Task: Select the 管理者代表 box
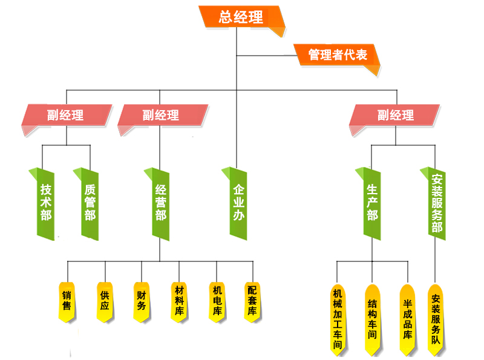tap(337, 55)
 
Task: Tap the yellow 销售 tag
tap(67, 301)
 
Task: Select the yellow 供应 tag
tap(105, 301)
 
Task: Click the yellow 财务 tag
tap(142, 301)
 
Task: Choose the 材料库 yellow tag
tap(179, 301)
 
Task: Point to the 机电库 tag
tap(217, 301)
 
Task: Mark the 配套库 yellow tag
tap(253, 301)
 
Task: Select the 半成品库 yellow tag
tap(407, 317)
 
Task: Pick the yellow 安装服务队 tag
tap(436, 317)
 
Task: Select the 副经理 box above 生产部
tap(394, 115)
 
